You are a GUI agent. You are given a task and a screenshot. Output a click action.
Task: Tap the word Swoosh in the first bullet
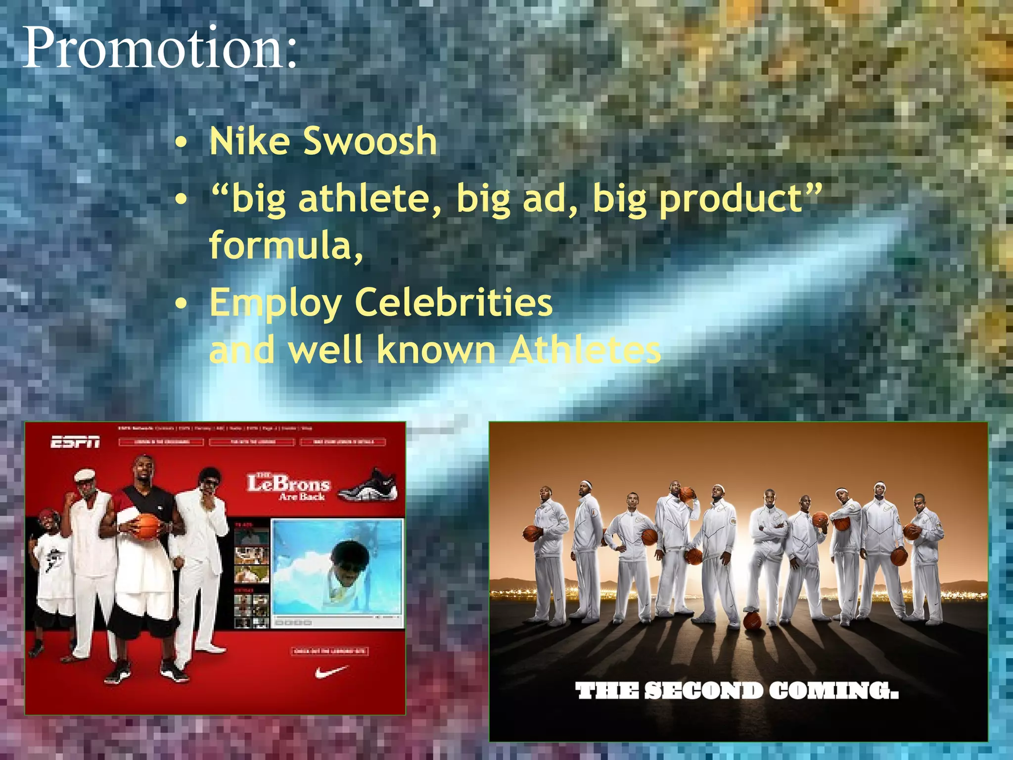(369, 142)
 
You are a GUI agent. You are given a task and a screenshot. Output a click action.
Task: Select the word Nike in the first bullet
(249, 142)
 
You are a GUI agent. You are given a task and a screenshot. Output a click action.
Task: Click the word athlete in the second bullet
(369, 199)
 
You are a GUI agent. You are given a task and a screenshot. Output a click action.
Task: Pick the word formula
(282, 245)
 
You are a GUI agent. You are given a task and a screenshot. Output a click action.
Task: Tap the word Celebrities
(453, 302)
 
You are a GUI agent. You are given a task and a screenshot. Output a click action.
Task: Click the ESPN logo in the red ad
(75, 442)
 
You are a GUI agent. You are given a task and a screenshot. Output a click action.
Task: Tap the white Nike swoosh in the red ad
(331, 672)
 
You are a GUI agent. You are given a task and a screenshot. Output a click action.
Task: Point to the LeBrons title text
(289, 484)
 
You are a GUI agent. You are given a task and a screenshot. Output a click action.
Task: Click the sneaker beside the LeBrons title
(369, 484)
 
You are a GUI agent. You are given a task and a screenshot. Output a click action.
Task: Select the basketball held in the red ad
(147, 526)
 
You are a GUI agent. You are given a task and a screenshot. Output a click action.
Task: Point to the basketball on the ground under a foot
(752, 620)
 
